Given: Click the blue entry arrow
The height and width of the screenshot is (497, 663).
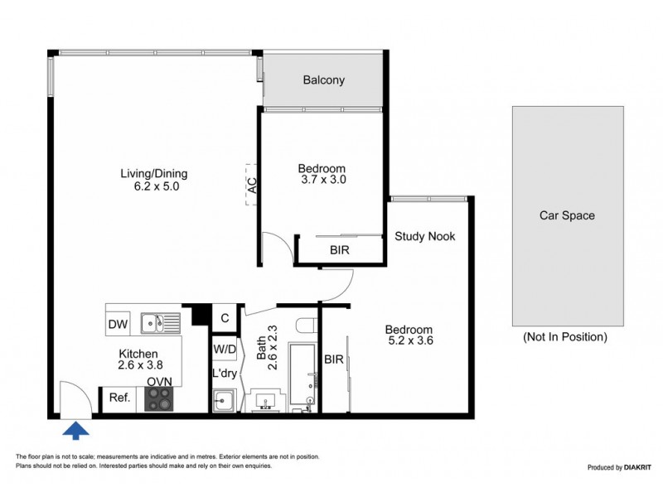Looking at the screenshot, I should click(x=75, y=429).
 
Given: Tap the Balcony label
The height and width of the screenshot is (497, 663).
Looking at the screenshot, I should click(x=323, y=80).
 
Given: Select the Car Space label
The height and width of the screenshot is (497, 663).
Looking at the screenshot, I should click(x=567, y=215).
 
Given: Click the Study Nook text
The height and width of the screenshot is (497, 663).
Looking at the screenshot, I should click(x=424, y=236).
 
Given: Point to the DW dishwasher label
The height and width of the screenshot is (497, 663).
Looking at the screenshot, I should click(x=118, y=324).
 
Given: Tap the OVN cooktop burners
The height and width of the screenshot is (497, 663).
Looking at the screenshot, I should click(x=159, y=399).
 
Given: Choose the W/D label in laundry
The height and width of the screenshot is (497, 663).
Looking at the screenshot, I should click(x=224, y=349).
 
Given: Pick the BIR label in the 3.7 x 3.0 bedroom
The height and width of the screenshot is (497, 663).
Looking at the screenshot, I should click(x=339, y=248).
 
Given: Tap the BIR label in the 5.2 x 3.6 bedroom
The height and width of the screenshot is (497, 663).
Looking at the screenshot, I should click(x=334, y=359).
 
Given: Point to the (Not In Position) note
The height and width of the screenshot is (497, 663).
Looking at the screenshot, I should click(x=565, y=337).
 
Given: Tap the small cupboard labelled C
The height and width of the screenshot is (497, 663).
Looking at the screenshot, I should click(x=224, y=316).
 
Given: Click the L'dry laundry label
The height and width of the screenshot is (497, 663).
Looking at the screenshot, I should click(x=224, y=374).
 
